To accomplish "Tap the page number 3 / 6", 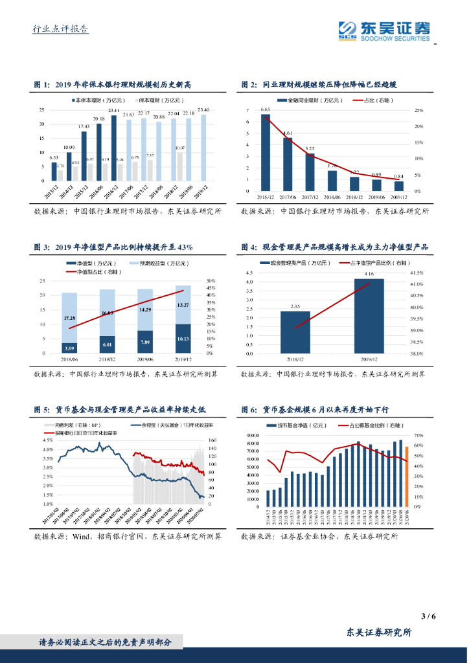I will [428, 616].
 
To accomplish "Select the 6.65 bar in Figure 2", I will [266, 153].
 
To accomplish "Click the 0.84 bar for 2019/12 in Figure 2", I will [399, 186].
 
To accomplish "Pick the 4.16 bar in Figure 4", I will [369, 317].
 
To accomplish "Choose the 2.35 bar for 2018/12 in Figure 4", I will [295, 333].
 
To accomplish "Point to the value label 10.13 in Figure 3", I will [183, 338].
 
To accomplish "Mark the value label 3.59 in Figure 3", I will [69, 349].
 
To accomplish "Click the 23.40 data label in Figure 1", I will [203, 110].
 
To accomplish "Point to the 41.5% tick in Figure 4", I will [416, 273].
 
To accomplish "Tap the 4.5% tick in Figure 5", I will [47, 440].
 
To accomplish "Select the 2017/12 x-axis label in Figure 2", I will [310, 197].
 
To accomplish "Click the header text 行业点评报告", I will [60, 29].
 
